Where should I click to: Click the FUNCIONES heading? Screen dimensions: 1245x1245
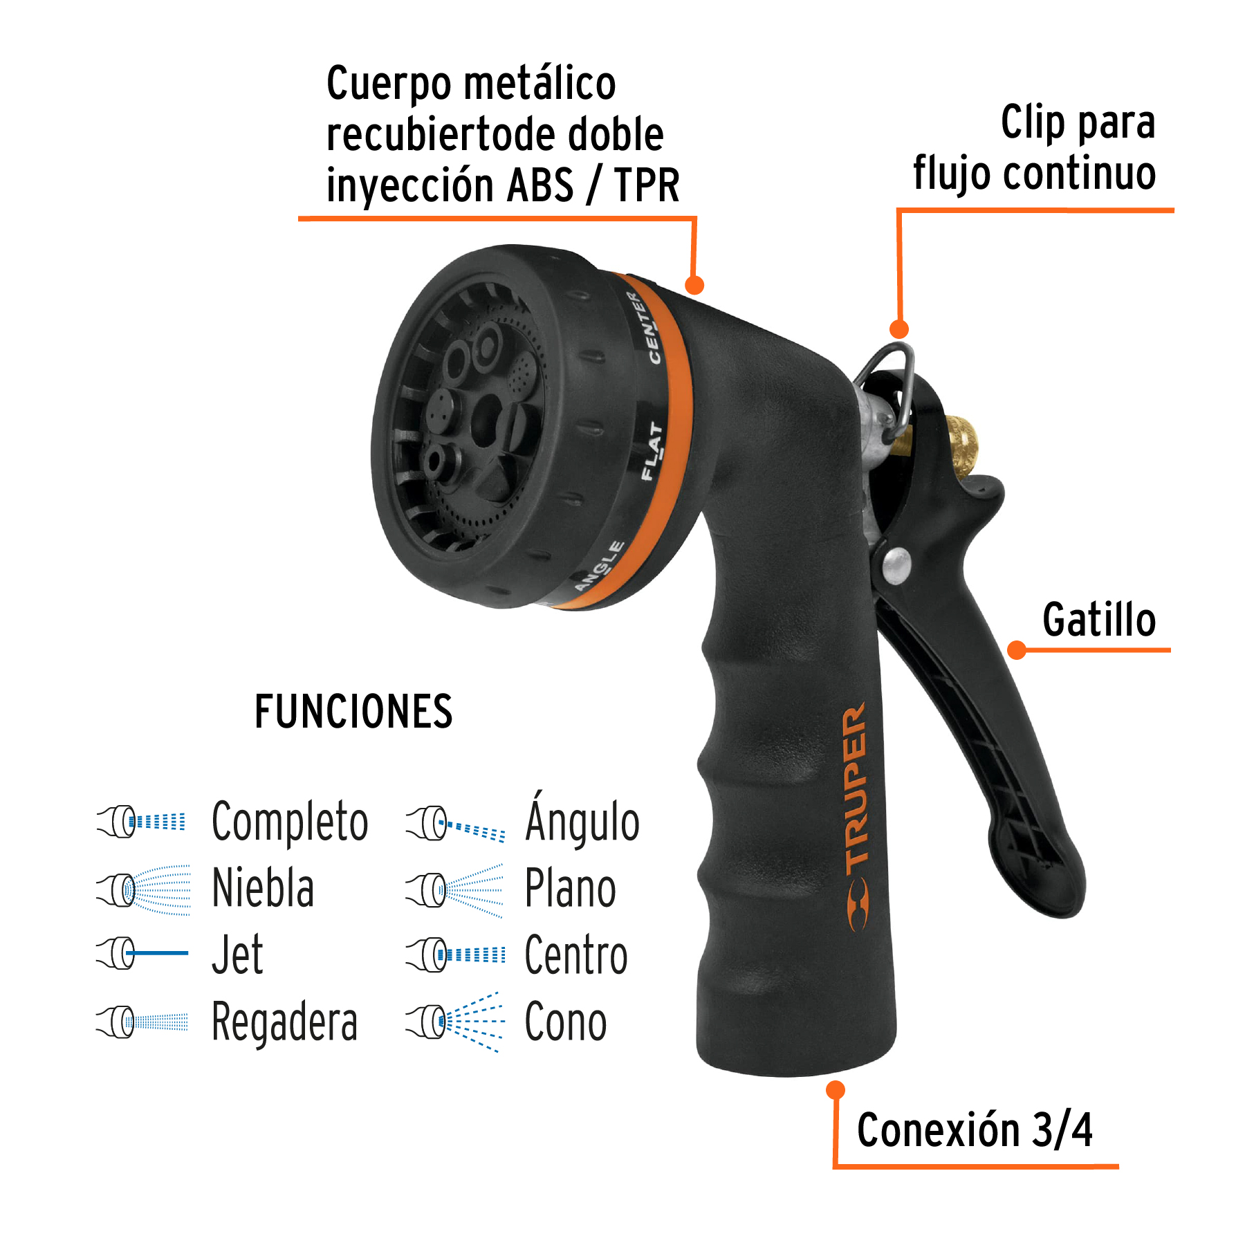coord(353,712)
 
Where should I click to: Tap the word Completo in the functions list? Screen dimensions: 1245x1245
coord(289,822)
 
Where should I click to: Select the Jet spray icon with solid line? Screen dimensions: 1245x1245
coord(142,953)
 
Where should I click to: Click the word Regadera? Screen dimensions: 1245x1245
coord(284,1022)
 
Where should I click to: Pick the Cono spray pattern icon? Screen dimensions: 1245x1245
coord(455,1022)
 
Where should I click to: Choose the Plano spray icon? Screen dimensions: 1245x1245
coord(455,889)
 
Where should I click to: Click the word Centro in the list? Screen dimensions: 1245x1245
coord(575,955)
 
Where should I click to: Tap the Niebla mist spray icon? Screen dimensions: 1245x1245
coord(144,889)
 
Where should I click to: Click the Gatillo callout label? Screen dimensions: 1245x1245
coord(1098,620)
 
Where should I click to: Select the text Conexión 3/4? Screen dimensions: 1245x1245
coord(974,1130)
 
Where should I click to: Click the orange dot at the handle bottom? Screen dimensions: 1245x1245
coord(836,1091)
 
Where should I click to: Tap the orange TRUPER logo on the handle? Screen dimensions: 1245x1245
coord(856,816)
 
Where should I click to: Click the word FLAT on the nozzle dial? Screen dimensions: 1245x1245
coord(652,452)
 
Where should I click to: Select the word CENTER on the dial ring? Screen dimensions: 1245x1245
coord(645,329)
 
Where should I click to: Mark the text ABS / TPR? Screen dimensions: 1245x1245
coord(593,185)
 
